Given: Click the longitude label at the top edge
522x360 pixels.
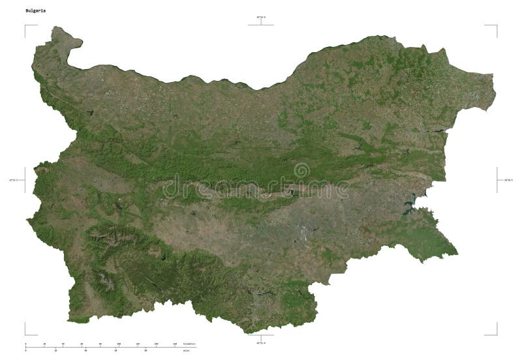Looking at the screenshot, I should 261,17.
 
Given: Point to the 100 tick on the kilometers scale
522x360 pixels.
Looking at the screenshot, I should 119,343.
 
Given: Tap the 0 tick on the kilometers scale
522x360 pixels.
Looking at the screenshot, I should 26,343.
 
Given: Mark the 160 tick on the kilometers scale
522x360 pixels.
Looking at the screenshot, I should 174,343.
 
